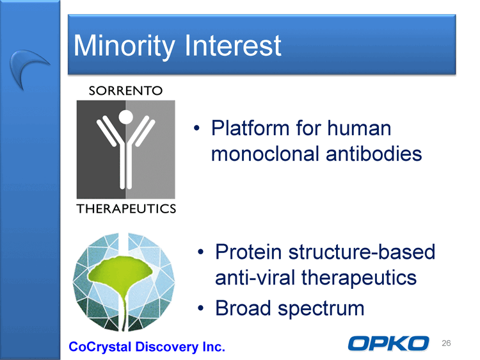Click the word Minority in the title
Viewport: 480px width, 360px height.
pos(124,46)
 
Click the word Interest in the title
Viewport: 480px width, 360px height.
pos(233,45)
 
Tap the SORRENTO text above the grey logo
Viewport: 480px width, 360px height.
pos(125,91)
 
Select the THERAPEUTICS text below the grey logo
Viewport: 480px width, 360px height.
pos(126,209)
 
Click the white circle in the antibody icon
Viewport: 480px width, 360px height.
pos(126,117)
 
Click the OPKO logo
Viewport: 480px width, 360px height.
pos(388,343)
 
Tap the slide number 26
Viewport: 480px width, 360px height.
pos(446,343)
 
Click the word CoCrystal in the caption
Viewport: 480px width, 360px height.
pos(100,347)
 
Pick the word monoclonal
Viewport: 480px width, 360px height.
pos(265,154)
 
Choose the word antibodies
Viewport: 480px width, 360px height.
pos(374,154)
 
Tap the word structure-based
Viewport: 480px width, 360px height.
pos(362,252)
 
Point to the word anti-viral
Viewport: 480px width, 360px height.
pos(255,277)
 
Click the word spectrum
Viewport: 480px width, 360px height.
pos(321,309)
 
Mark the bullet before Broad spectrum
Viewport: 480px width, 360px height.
pos(201,308)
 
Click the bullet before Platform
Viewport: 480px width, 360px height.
pos(197,128)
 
